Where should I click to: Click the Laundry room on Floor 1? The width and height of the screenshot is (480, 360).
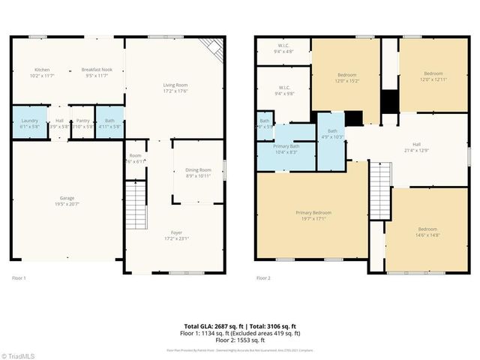tap(29, 123)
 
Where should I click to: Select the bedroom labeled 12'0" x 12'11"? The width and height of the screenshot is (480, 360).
tap(433, 78)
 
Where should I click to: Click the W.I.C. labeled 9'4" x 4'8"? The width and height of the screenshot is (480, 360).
tap(283, 49)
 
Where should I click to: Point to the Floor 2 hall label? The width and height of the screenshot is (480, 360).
tap(417, 148)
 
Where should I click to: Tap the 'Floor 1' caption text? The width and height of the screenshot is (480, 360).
tap(19, 277)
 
